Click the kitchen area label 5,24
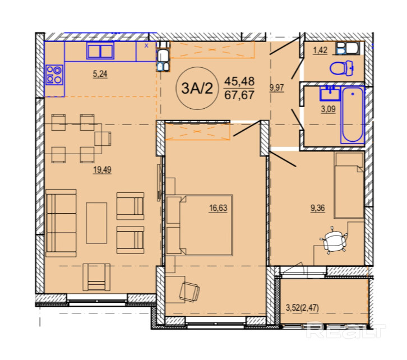tap(100, 74)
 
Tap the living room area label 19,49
tap(102, 170)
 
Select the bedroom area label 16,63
tap(218, 208)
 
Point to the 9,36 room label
tap(318, 208)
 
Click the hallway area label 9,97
tap(277, 87)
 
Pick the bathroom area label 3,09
tap(329, 109)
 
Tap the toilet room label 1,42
tap(320, 50)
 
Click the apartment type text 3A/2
tap(197, 88)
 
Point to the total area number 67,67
tap(239, 95)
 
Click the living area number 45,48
tap(239, 81)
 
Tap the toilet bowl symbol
tap(341, 68)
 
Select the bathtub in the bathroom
tap(353, 115)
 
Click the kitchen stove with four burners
tap(54, 75)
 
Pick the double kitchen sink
tap(100, 51)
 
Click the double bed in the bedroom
tap(199, 225)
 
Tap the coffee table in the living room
tap(96, 223)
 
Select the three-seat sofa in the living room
tap(61, 223)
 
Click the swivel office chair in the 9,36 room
tap(334, 241)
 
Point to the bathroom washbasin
tap(330, 94)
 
